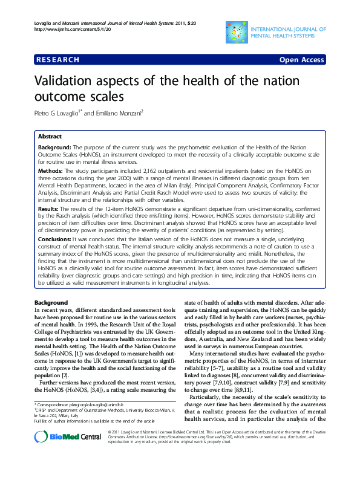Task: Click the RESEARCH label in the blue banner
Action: click(x=57, y=60)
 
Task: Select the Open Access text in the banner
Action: click(x=301, y=60)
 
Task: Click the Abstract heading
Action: click(x=50, y=137)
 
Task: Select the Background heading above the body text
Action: click(x=51, y=302)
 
